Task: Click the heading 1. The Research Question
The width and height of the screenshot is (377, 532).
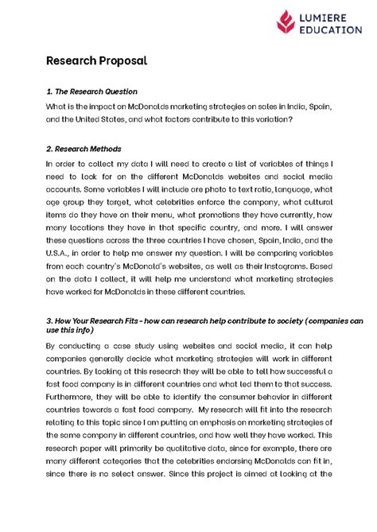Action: click(91, 91)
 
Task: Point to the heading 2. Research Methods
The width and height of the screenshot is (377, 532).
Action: click(84, 148)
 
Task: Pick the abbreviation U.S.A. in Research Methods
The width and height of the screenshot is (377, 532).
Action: click(62, 254)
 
